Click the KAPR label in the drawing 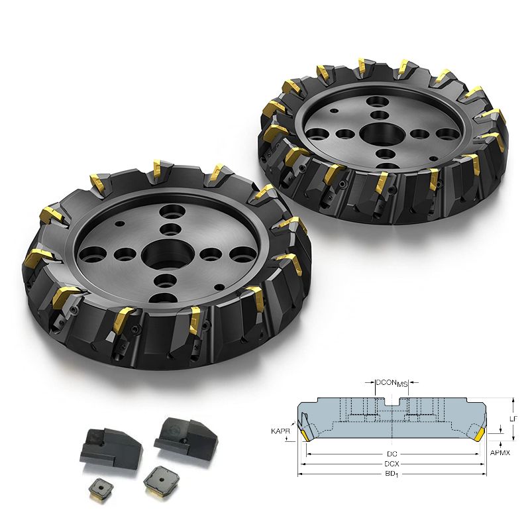[280, 431]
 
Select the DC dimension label [392, 454]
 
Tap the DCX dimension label [392, 464]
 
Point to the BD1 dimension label [392, 474]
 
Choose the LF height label [513, 419]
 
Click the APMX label [500, 452]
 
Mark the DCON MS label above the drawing [392, 383]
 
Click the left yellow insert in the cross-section [305, 435]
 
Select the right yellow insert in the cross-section [479, 435]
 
